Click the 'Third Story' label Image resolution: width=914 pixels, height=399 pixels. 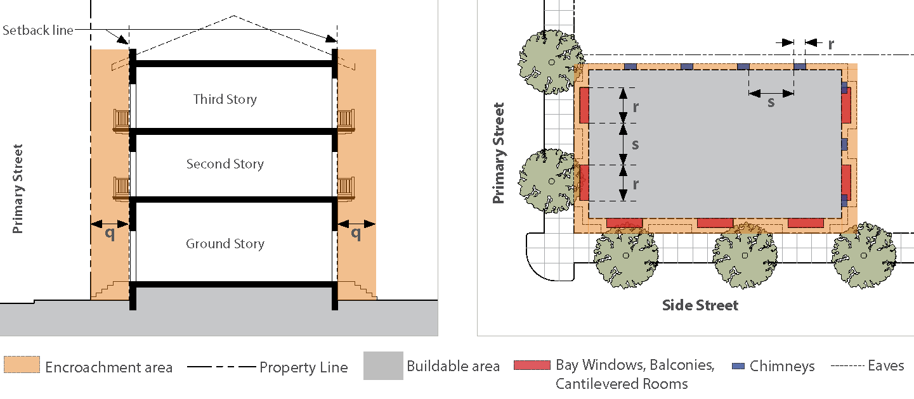point(225,99)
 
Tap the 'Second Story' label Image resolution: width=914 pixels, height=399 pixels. point(225,164)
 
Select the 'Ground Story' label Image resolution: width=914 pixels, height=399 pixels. point(225,244)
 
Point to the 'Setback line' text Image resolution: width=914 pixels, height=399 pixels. point(37,30)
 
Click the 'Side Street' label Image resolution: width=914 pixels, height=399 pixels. point(700,305)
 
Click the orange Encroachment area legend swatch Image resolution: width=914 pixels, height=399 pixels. point(22,365)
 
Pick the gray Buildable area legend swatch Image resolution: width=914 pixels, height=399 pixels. point(383,365)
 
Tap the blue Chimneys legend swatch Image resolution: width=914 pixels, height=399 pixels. point(738,366)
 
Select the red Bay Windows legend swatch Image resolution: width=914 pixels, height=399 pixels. point(532,365)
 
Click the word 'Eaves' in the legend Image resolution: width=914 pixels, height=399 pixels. point(886,365)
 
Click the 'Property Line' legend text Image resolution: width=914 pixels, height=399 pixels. point(303,367)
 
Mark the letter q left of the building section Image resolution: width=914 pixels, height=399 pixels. point(110,233)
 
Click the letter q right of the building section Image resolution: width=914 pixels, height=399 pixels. point(356,233)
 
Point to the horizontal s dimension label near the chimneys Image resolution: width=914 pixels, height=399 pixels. point(771,102)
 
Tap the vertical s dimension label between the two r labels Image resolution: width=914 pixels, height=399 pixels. point(635,144)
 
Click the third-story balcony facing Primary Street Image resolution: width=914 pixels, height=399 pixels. point(121,120)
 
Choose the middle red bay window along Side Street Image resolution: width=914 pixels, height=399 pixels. point(715,223)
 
